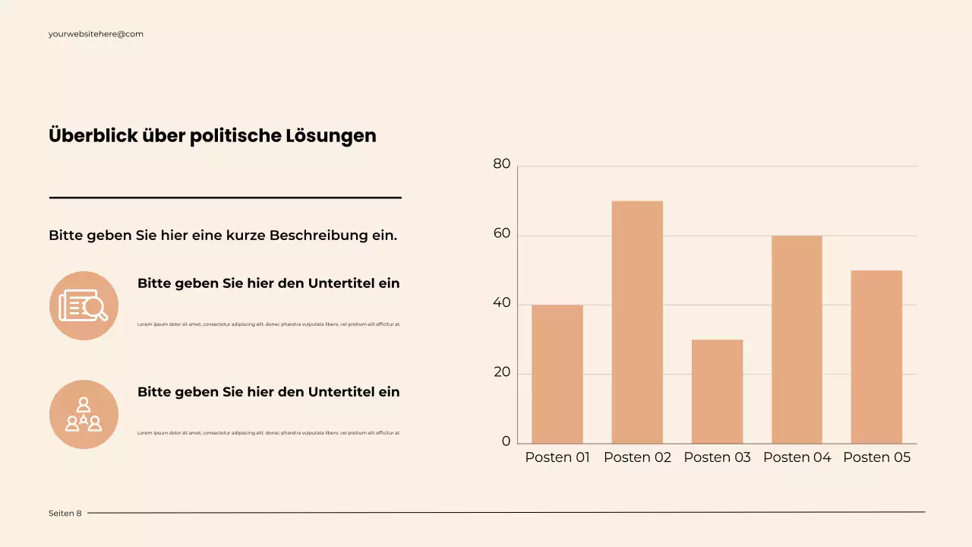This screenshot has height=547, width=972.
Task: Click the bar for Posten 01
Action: pyautogui.click(x=557, y=374)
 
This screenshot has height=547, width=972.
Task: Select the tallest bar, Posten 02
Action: pyautogui.click(x=637, y=322)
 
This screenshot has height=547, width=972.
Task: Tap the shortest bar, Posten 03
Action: pyautogui.click(x=717, y=391)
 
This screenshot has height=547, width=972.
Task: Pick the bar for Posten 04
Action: pyautogui.click(x=797, y=340)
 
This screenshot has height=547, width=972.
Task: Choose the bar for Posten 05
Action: pyautogui.click(x=876, y=357)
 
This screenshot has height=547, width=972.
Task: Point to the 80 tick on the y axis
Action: pyautogui.click(x=502, y=164)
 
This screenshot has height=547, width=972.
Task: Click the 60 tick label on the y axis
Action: pyautogui.click(x=502, y=234)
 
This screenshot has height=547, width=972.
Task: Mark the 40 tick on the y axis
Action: pyautogui.click(x=502, y=303)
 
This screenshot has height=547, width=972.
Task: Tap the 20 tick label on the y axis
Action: pyautogui.click(x=502, y=373)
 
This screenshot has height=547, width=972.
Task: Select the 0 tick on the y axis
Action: pyautogui.click(x=506, y=442)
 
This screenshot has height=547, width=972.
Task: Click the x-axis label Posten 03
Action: pyautogui.click(x=717, y=457)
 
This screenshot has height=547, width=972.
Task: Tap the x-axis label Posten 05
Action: pyautogui.click(x=876, y=457)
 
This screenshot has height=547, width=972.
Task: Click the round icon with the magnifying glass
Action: pyautogui.click(x=84, y=305)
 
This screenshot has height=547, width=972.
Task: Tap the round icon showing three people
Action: pyautogui.click(x=84, y=414)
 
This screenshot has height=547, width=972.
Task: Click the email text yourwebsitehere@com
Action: pyautogui.click(x=96, y=34)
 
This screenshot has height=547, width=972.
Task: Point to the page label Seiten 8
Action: pyautogui.click(x=65, y=514)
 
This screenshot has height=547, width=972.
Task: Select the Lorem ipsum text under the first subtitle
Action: pyautogui.click(x=269, y=324)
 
